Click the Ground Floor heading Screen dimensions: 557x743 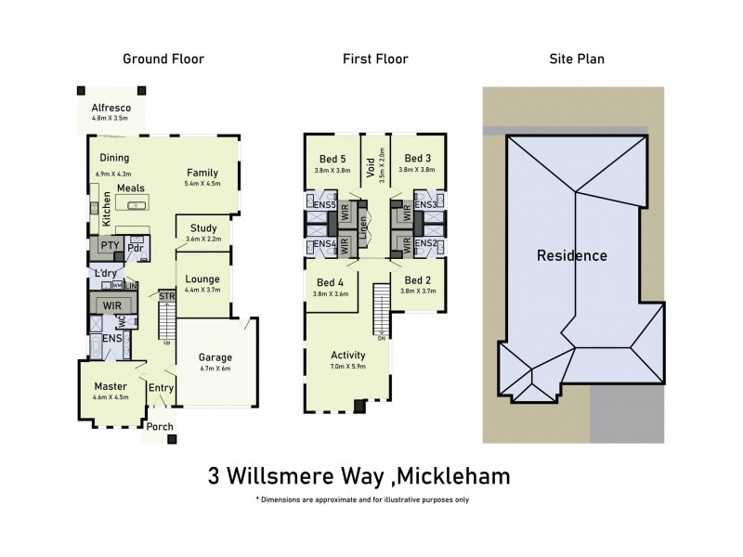(x=163, y=59)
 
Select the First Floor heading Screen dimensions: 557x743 (x=375, y=59)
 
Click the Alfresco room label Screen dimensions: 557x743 (x=111, y=108)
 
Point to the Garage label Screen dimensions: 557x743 (x=215, y=356)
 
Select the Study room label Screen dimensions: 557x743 (x=203, y=227)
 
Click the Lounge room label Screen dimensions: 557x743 (x=202, y=278)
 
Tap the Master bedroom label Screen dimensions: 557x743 (x=111, y=386)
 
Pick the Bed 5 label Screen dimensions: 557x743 (x=332, y=158)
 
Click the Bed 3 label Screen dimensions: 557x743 (x=419, y=158)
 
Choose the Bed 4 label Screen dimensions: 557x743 (x=331, y=282)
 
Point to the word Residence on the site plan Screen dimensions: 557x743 (x=572, y=255)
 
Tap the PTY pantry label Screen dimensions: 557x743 (x=99, y=247)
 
